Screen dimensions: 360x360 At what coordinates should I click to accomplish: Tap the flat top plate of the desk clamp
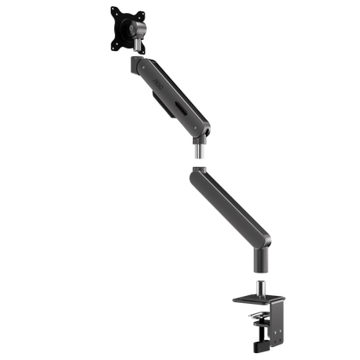pyautogui.click(x=252, y=299)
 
